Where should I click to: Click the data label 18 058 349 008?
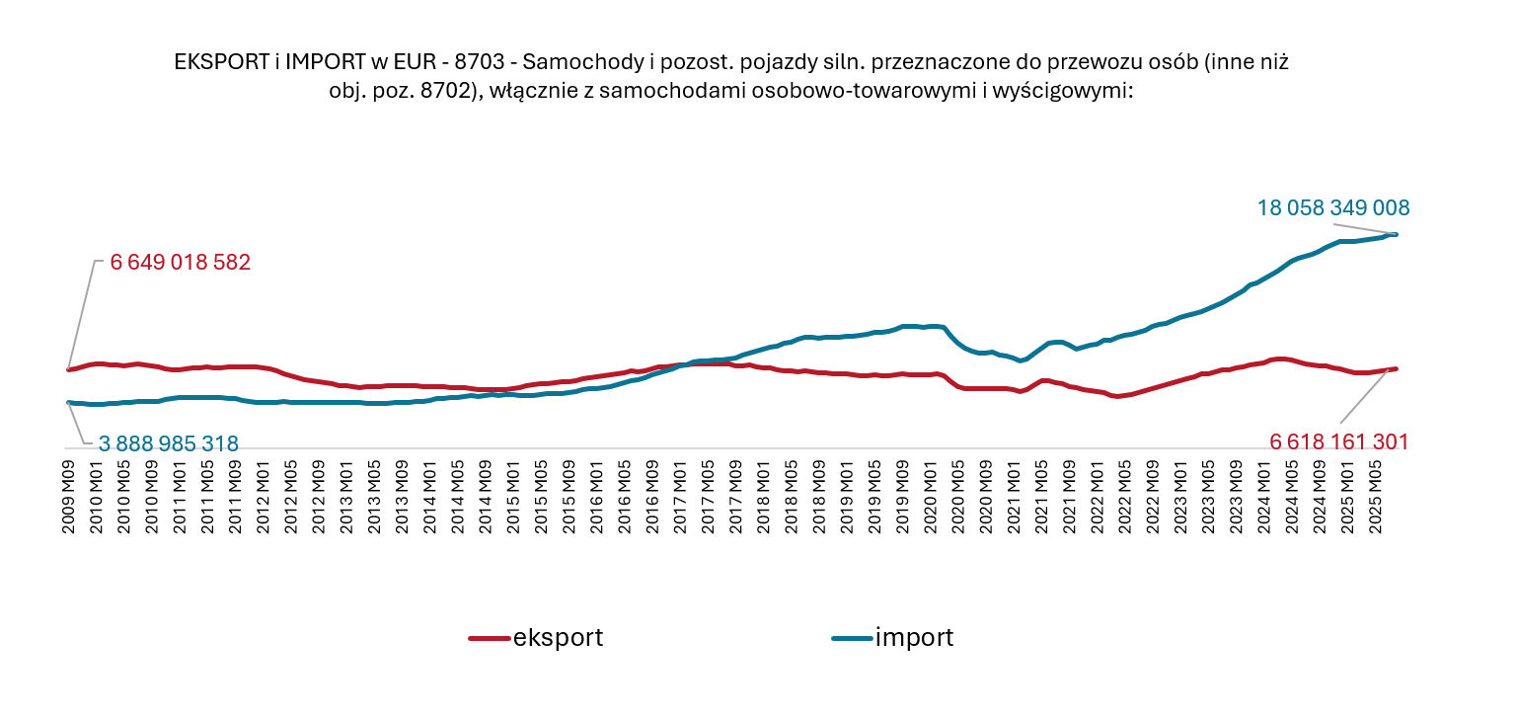tap(1332, 208)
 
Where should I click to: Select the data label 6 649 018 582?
tap(180, 263)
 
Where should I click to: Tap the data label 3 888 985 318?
tap(168, 443)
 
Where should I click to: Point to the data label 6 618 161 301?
tap(1338, 441)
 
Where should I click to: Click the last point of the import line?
tap(1395, 234)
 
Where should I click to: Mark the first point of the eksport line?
tap(68, 370)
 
